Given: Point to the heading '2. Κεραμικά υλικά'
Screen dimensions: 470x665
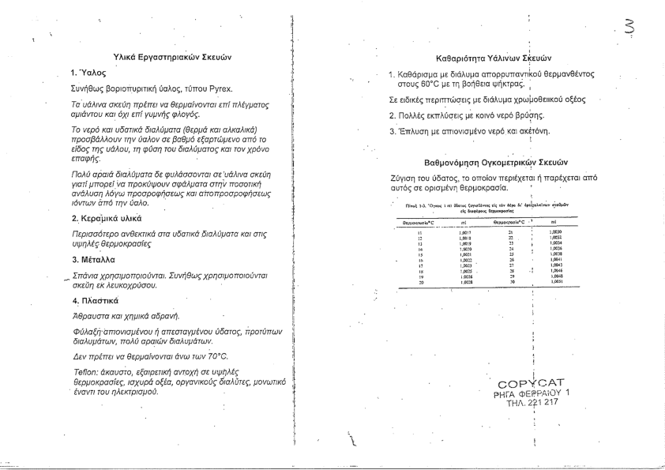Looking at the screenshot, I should (x=107, y=217).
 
